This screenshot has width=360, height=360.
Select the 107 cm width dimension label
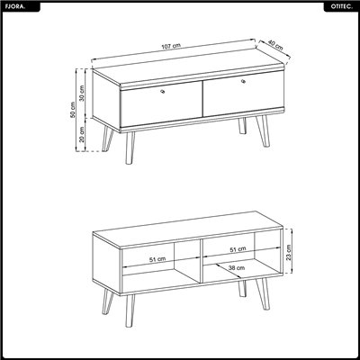point(171,47)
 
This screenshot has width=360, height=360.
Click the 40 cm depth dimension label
point(275,45)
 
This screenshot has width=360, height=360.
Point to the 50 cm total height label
point(72,110)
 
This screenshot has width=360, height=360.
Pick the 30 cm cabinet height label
point(81,94)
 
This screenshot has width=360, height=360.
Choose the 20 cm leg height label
point(81,134)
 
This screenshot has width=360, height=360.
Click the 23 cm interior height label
point(289,253)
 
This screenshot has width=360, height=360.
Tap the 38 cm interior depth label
point(237,268)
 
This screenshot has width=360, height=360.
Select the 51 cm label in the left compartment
point(157,259)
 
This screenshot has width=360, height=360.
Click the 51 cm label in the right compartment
point(238,249)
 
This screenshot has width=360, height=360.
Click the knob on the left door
point(163,91)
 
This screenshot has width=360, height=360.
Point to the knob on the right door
point(243,81)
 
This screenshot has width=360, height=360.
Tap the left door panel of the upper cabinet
point(161,104)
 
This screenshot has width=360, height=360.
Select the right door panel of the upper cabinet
point(244,94)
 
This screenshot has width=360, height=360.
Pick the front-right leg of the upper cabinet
point(263,131)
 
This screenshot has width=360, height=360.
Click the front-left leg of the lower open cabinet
point(130,310)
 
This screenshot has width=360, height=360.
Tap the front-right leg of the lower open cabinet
point(263,294)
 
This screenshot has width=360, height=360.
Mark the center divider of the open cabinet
point(201,261)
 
